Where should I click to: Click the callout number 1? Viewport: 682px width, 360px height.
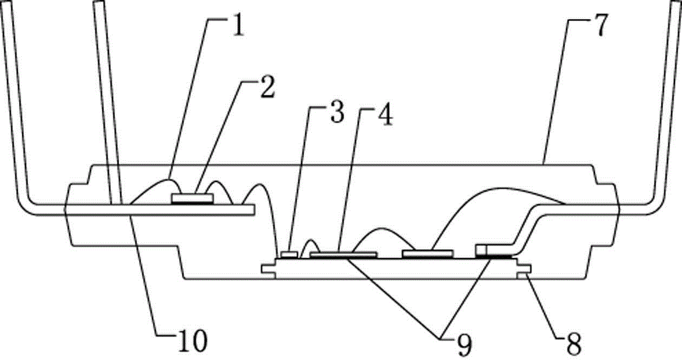pyautogui.click(x=238, y=25)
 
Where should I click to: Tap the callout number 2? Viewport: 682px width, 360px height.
pyautogui.click(x=268, y=87)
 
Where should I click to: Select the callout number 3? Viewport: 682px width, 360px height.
pyautogui.click(x=337, y=112)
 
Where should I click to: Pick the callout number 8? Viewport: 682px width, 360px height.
pyautogui.click(x=574, y=344)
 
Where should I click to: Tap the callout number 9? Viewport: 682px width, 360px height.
pyautogui.click(x=464, y=345)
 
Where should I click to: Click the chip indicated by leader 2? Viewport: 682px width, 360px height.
pyautogui.click(x=192, y=198)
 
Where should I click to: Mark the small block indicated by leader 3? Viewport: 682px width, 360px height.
pyautogui.click(x=289, y=254)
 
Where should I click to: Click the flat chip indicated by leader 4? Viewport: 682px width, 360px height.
pyautogui.click(x=343, y=254)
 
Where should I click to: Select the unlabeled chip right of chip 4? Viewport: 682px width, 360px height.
pyautogui.click(x=428, y=253)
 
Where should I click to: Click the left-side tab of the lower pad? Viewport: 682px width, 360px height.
pyautogui.click(x=268, y=269)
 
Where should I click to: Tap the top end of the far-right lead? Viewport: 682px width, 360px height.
pyautogui.click(x=677, y=2)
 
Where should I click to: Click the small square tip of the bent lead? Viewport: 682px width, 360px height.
pyautogui.click(x=481, y=251)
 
